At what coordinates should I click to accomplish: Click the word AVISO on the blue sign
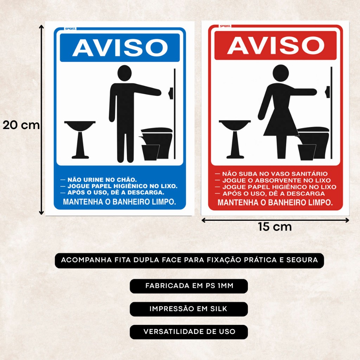[x=120, y=48]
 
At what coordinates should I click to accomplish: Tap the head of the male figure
[x=124, y=73]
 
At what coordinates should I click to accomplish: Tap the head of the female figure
[x=281, y=72]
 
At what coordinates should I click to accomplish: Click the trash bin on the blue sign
[x=150, y=153]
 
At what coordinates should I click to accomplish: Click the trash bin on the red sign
[x=307, y=152]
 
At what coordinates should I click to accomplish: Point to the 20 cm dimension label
[x=21, y=126]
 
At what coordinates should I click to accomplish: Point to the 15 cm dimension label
[x=275, y=227]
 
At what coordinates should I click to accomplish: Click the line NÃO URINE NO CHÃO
[x=102, y=180]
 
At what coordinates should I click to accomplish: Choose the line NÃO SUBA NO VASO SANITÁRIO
[x=275, y=174]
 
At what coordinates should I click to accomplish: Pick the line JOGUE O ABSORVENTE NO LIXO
[x=276, y=180]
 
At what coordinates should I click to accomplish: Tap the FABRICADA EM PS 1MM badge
[x=189, y=286]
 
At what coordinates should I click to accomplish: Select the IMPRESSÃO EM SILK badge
[x=189, y=309]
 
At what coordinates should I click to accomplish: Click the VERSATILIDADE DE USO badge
[x=189, y=332]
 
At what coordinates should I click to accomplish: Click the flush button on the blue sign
[x=171, y=93]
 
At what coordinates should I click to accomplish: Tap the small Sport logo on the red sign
[x=225, y=26]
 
